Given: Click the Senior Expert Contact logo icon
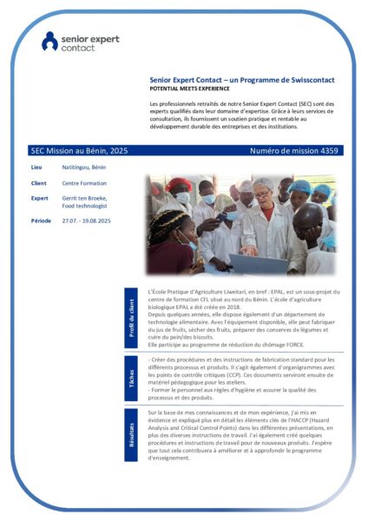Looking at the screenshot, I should click(x=50, y=41).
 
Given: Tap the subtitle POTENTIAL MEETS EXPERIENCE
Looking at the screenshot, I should click(x=189, y=89).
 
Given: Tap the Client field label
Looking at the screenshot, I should click(x=38, y=183).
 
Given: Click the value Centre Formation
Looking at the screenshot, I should click(x=85, y=183).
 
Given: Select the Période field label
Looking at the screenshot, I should click(x=41, y=221).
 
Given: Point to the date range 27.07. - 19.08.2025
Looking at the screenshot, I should click(x=93, y=221).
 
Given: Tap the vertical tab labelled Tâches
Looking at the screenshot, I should click(x=132, y=378).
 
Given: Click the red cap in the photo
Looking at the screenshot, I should click(x=181, y=184).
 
